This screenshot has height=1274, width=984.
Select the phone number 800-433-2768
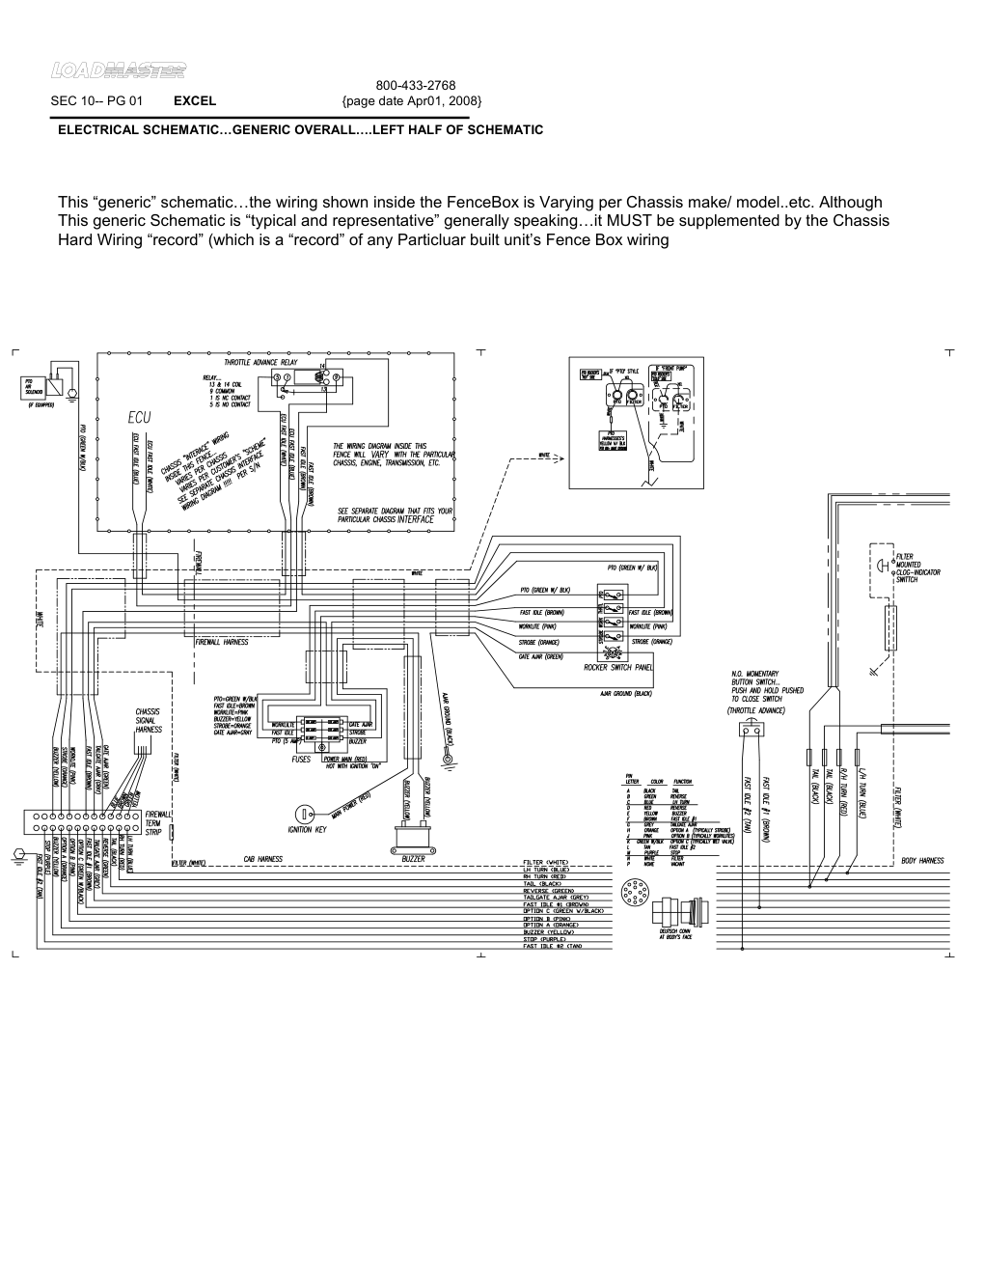[415, 86]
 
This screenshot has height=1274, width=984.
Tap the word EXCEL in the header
[195, 101]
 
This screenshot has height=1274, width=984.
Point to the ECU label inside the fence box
[136, 417]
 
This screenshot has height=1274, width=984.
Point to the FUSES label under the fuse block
[302, 760]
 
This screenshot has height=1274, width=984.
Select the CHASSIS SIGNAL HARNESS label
[149, 721]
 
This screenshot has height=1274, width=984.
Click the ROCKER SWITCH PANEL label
[617, 667]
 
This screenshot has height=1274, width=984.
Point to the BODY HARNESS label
[922, 861]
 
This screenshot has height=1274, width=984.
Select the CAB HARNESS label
[262, 860]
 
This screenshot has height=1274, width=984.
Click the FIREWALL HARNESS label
[221, 642]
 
